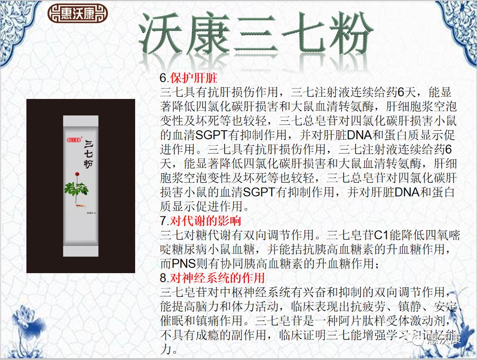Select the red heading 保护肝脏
(x=194, y=78)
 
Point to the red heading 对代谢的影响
(x=205, y=220)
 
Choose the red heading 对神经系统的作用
(x=217, y=278)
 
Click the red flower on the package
(x=77, y=173)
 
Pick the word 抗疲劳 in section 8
(x=355, y=306)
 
